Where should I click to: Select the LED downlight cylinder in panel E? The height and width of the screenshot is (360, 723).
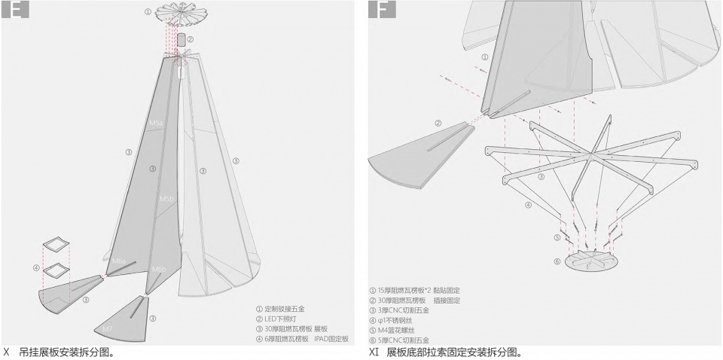click(x=181, y=39)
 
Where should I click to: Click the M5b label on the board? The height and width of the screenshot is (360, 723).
click(x=166, y=198)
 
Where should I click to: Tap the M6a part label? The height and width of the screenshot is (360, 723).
click(x=119, y=261)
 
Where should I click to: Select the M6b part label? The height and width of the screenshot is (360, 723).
click(x=159, y=269)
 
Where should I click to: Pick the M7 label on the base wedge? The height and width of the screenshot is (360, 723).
click(x=108, y=328)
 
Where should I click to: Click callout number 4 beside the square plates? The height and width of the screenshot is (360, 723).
click(x=35, y=267)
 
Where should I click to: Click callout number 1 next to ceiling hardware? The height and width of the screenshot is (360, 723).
click(x=148, y=13)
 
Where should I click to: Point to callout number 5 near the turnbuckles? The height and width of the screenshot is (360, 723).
click(x=558, y=238)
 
